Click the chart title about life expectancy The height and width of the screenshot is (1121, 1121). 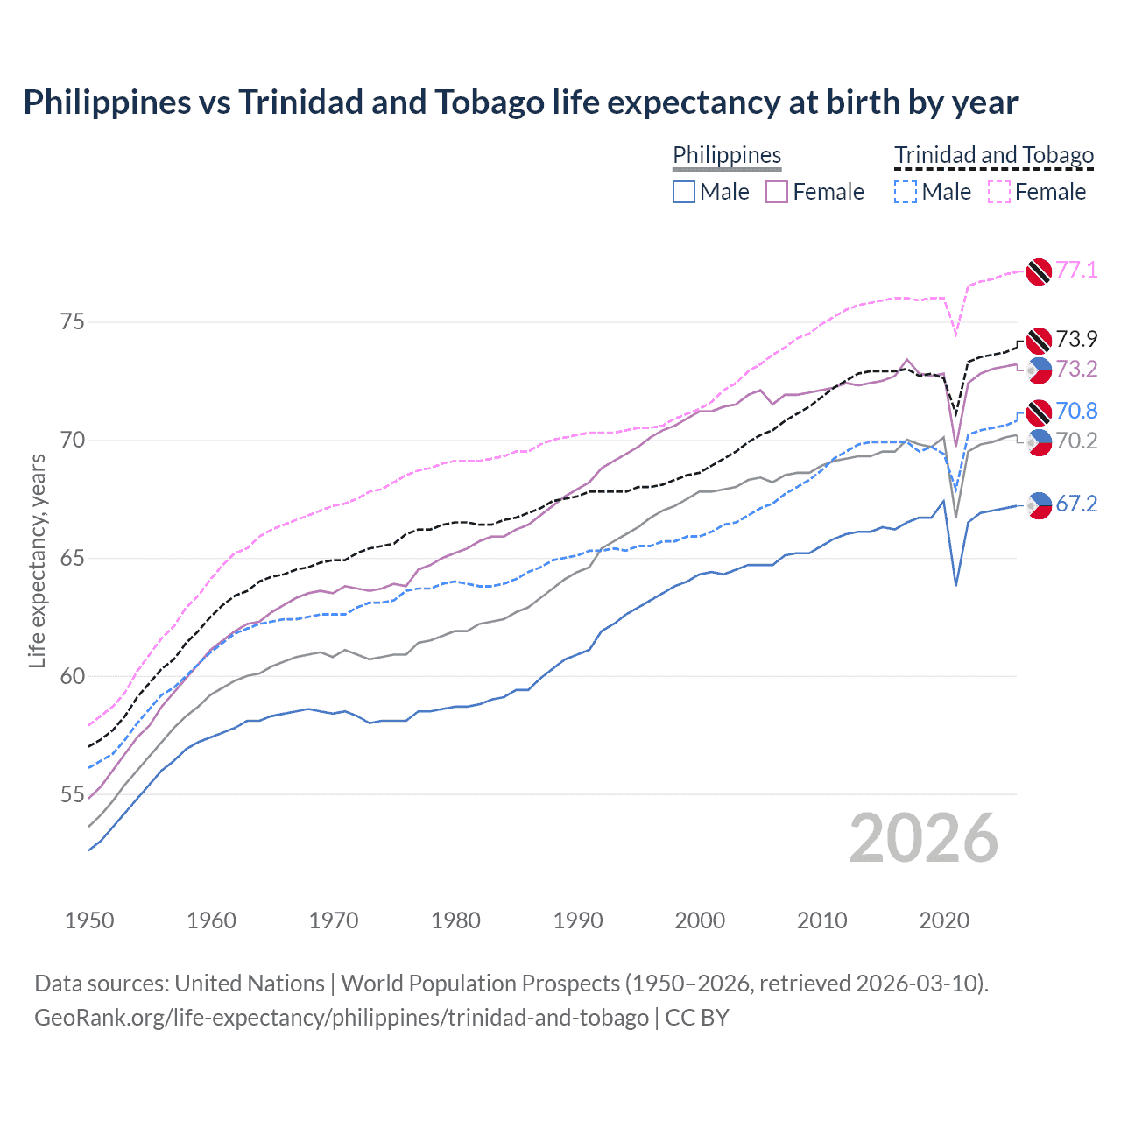520,102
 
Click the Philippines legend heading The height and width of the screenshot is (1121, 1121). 727,155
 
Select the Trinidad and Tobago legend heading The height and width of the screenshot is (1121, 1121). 994,155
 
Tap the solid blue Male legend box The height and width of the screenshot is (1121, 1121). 684,192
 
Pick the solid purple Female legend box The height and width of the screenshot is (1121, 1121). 777,192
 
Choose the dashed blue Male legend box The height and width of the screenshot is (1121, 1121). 906,192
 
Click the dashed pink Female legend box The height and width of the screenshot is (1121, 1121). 999,192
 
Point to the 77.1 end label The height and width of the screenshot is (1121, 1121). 1076,270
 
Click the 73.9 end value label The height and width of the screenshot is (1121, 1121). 1076,339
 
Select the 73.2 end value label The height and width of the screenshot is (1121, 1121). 1076,369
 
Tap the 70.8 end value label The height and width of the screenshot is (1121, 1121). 1076,411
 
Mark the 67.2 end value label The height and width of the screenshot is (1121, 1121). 1076,504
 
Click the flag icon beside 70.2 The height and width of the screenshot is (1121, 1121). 1039,442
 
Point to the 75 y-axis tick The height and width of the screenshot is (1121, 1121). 73,321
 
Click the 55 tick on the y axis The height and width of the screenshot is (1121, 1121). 73,794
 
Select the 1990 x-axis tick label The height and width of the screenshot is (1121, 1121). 578,920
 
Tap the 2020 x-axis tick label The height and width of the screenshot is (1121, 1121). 944,920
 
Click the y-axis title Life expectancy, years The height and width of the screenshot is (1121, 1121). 37,560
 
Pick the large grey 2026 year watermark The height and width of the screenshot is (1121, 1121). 923,838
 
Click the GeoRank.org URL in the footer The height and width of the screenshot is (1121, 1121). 342,1018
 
